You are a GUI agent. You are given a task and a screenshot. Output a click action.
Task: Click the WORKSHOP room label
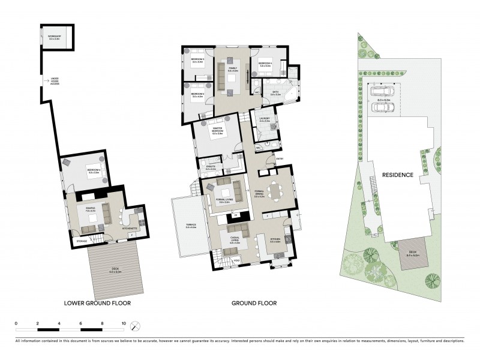click(55, 37)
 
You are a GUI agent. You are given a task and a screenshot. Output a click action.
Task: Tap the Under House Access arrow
click(46, 80)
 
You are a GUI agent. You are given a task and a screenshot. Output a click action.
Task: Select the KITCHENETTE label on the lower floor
click(131, 229)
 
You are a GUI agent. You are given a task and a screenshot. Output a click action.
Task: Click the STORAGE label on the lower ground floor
click(82, 241)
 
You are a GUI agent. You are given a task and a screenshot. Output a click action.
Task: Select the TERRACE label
click(191, 225)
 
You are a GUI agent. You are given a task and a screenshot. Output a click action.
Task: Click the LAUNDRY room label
click(265, 119)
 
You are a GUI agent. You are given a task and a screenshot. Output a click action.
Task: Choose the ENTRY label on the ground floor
click(279, 158)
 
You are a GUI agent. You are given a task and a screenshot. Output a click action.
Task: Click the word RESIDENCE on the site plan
click(398, 175)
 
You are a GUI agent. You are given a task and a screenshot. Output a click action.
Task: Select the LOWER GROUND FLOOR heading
click(97, 303)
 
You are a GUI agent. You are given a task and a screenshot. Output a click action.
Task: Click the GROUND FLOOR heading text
click(254, 303)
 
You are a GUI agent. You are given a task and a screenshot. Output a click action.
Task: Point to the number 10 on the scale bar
click(124, 323)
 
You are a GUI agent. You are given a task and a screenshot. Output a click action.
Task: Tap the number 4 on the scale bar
click(59, 323)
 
